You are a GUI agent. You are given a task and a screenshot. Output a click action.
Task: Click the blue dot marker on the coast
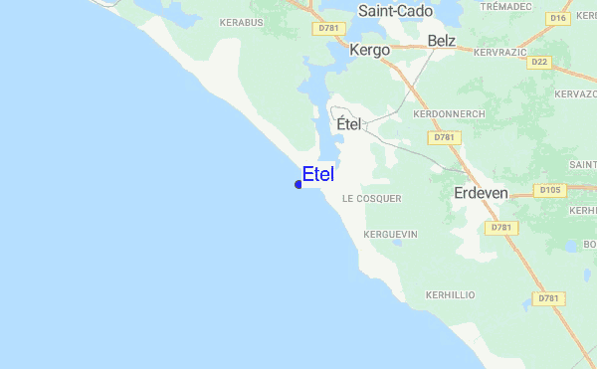coord(298,184)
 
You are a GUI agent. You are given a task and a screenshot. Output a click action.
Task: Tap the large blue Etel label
coord(318,174)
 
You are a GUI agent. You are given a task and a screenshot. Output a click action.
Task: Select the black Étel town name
coord(348,125)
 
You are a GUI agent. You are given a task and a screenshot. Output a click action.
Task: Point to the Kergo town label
coord(369,49)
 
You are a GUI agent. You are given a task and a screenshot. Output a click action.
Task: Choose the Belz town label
coord(441,41)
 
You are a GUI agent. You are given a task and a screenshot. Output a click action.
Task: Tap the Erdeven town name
coord(481,193)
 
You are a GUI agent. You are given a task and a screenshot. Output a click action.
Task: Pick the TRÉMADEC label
coord(505,6)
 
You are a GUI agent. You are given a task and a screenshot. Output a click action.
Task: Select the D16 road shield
coord(557,18)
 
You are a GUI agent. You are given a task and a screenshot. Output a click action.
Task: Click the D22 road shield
coord(540,62)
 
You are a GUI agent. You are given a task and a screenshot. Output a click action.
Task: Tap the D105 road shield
coord(549,189)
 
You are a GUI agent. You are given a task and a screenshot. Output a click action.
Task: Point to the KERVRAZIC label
coord(498,51)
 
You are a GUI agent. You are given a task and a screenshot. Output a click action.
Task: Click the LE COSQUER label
coord(371,199)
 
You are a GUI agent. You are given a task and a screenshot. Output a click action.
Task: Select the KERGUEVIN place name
coord(391,234)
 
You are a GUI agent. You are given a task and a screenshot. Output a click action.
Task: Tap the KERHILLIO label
coord(450,295)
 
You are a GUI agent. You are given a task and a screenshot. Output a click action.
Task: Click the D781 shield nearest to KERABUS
coord(330,29)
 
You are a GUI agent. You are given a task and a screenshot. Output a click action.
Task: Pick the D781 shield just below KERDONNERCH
coord(445,137)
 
